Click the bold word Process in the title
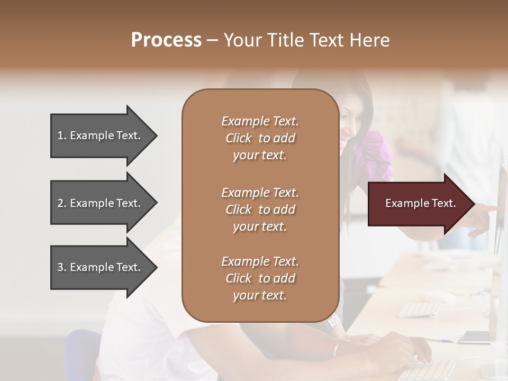point(166,40)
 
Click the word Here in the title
point(369,40)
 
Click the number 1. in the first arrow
point(62,135)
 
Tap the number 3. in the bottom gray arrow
point(62,267)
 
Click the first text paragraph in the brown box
point(260,138)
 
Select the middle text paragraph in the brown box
point(260,210)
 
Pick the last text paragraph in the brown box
point(260,278)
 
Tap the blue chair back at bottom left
point(85,355)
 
